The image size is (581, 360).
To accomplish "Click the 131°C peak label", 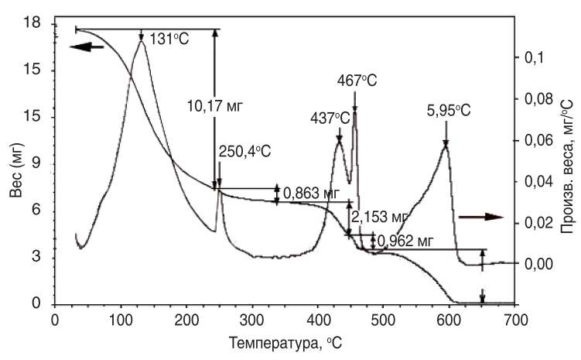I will (x=168, y=36).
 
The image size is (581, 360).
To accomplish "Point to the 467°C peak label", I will (x=357, y=80).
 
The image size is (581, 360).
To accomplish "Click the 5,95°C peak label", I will (x=449, y=111).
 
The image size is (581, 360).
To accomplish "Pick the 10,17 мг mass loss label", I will (x=214, y=106).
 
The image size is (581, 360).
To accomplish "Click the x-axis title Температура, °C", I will (x=287, y=341).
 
